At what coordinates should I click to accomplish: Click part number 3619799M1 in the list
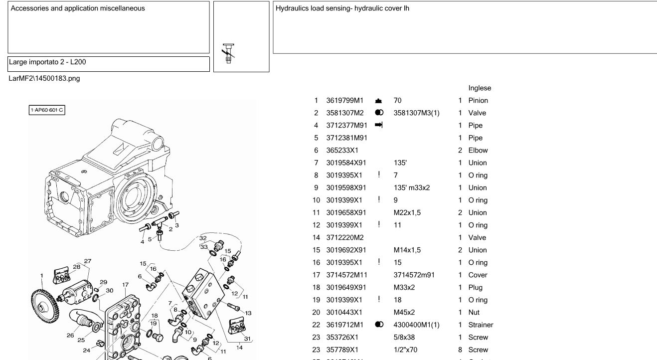[345, 101]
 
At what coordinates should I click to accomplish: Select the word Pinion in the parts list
[478, 101]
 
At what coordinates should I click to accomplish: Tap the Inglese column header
[480, 88]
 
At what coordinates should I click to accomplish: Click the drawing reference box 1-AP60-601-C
[47, 110]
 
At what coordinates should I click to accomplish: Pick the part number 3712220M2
[345, 238]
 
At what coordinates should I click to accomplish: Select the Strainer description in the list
[481, 325]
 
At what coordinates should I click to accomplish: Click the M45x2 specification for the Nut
[404, 313]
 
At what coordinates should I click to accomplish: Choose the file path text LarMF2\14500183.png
[44, 78]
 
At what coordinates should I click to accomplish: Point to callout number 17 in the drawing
[126, 285]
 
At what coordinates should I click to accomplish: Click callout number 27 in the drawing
[88, 261]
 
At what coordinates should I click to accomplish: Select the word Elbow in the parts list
[478, 151]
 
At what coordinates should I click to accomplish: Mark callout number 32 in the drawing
[203, 238]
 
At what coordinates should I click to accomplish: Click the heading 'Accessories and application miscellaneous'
[78, 8]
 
